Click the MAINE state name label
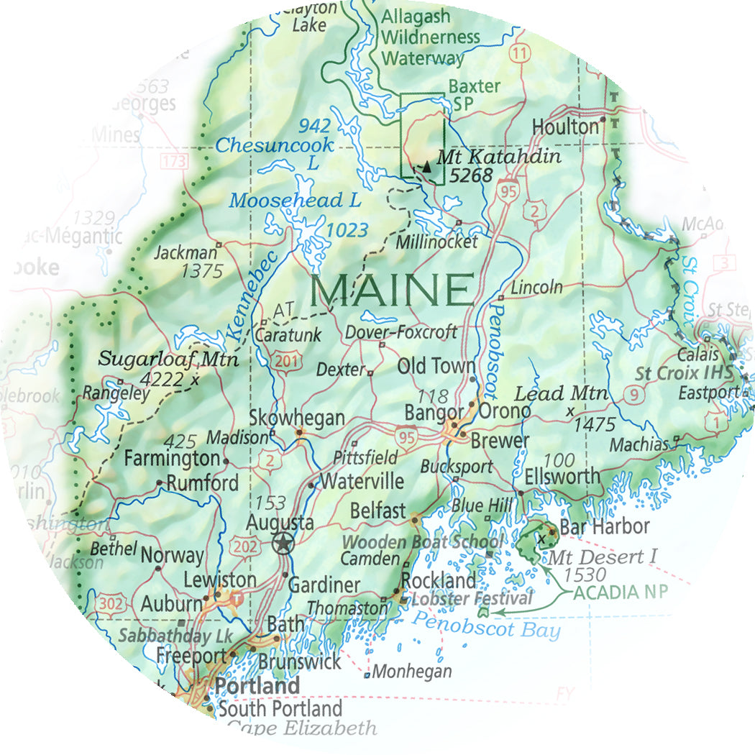pos(393,289)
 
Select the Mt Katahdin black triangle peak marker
pos(427,167)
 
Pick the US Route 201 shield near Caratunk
pos(286,362)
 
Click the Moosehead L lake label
pos(295,201)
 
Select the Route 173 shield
pos(174,161)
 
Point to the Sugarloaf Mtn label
pos(168,359)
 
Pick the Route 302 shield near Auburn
pos(111,604)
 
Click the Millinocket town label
pos(436,242)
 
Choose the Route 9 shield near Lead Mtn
pos(633,393)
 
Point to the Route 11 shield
pos(519,52)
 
